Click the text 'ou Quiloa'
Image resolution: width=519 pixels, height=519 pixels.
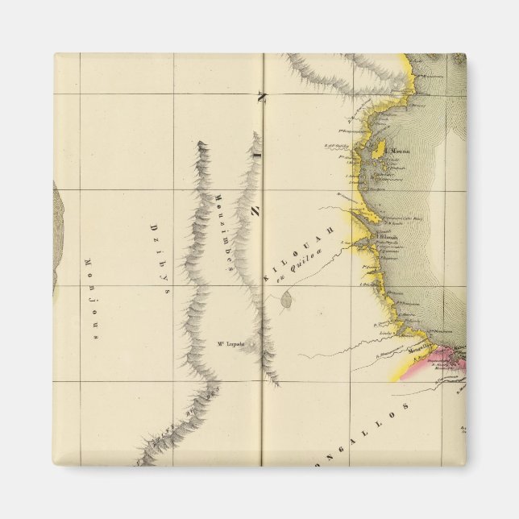296,266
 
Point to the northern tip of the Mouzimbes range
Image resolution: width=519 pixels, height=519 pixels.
201,144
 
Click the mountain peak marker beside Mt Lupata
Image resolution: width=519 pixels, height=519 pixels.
251,345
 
